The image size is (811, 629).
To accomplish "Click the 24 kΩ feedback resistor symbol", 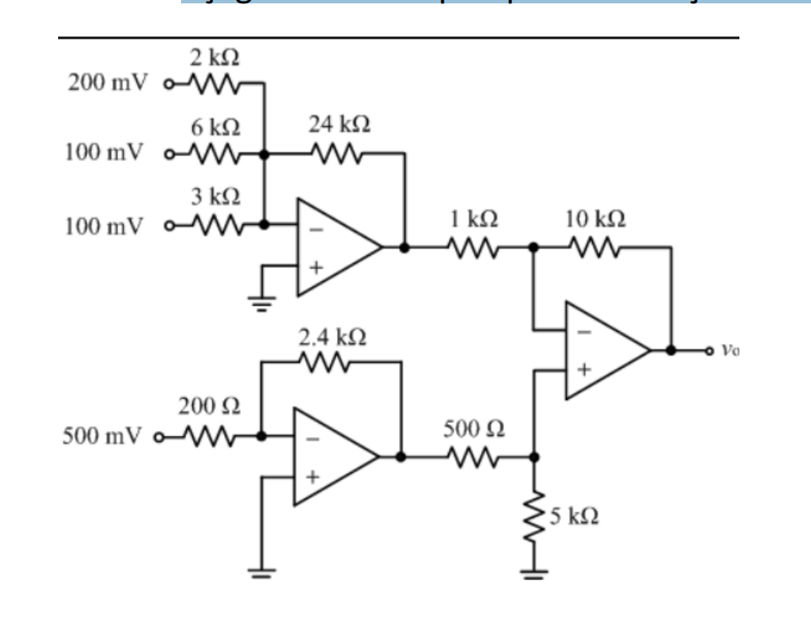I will coord(336,155).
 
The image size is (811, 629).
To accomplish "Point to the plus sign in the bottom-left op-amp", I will coord(313,477).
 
